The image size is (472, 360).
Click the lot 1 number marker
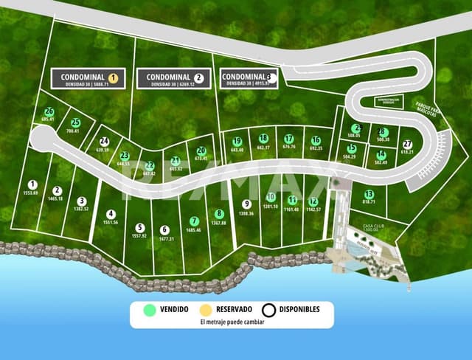[32, 184]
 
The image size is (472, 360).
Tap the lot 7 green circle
[194, 221]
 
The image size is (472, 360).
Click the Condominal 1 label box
[88, 79]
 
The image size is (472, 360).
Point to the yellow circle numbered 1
[113, 77]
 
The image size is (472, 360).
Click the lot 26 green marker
[49, 111]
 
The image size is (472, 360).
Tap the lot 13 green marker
[369, 194]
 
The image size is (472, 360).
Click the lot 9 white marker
[246, 204]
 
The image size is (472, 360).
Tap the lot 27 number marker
[407, 144]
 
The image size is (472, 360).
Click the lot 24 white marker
[104, 141]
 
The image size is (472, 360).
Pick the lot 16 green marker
[316, 139]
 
